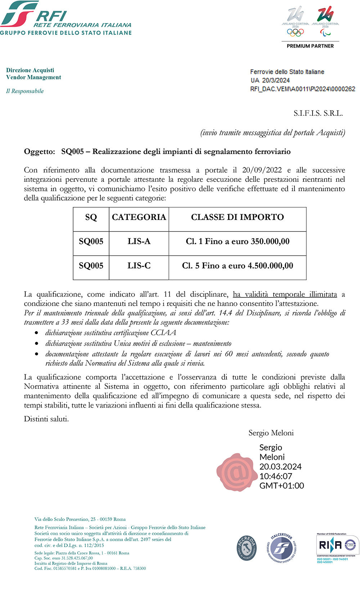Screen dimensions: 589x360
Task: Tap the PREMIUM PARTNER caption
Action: point(310,46)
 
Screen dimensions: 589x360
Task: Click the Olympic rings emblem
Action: point(295,32)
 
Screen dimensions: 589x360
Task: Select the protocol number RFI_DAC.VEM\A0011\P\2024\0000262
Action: point(302,89)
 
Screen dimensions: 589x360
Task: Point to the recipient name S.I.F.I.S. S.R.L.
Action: point(318,113)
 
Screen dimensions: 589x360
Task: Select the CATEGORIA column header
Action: point(139,217)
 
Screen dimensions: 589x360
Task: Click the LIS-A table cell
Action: point(139,242)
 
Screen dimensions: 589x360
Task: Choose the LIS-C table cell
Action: point(139,266)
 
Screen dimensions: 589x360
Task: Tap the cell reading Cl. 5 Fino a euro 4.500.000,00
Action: point(237,266)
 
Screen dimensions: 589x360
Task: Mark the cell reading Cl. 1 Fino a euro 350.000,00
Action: point(237,242)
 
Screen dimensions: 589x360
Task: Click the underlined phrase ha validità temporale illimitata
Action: point(285,294)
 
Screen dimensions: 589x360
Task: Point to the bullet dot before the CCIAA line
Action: point(36,333)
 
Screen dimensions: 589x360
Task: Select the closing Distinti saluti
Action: point(46,419)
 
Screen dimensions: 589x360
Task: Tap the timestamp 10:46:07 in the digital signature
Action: point(276,476)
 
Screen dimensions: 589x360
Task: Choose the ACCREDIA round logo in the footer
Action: point(247,548)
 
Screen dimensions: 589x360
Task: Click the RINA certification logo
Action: point(337,545)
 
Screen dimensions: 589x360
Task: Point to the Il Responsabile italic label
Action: point(25,91)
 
